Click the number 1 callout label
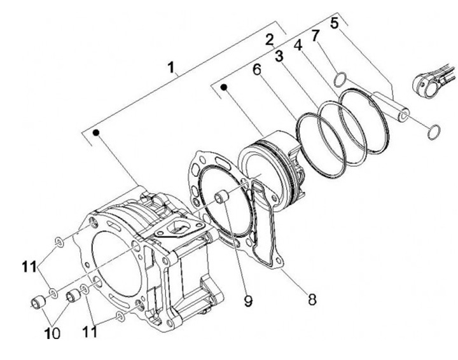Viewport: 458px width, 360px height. point(172,67)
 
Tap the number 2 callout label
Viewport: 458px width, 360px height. point(270,39)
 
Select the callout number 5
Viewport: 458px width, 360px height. point(335,23)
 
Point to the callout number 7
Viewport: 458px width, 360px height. point(315,36)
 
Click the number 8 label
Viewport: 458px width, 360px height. point(312,299)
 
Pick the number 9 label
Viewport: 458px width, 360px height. point(248,301)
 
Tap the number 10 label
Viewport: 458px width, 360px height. point(52,333)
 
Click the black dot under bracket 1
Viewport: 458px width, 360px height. point(96,132)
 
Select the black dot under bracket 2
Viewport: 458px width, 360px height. point(224,87)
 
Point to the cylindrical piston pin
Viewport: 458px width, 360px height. point(391,106)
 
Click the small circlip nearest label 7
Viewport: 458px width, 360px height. point(340,80)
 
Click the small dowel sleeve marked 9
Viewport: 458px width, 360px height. point(221,197)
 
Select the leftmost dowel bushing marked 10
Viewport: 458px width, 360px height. point(38,303)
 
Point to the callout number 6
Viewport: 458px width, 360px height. point(257,69)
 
